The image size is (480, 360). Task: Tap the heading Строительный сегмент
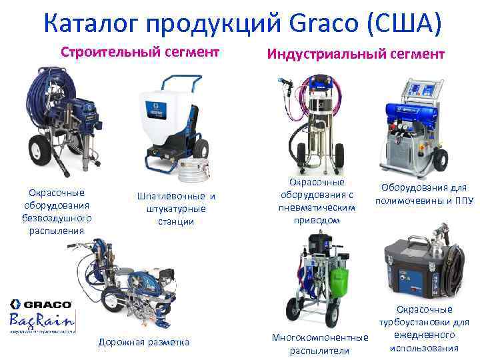(141, 51)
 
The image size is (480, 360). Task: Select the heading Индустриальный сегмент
(355, 53)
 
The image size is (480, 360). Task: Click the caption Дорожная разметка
(143, 342)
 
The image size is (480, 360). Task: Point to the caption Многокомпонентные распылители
(320, 343)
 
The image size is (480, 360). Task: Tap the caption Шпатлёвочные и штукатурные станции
(176, 208)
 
